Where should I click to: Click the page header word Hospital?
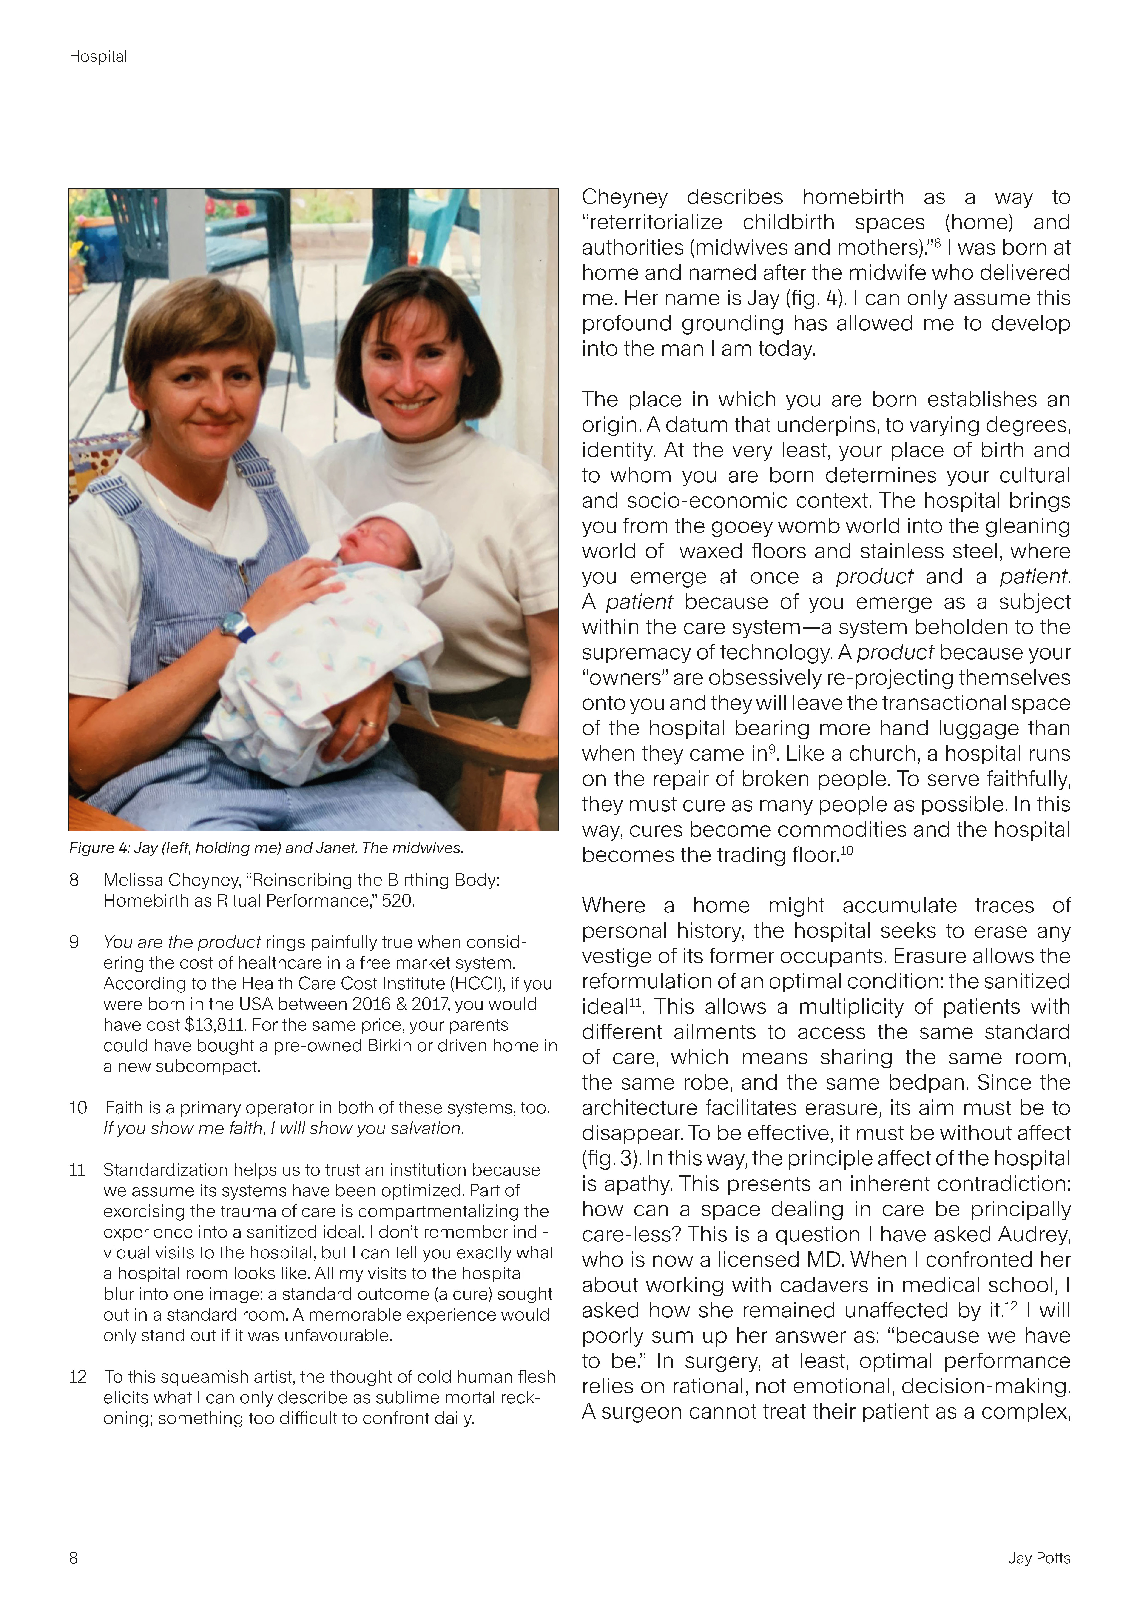[98, 57]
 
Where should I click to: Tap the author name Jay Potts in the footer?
[1039, 1558]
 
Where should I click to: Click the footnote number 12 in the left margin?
[77, 1377]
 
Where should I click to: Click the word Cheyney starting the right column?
[624, 197]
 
